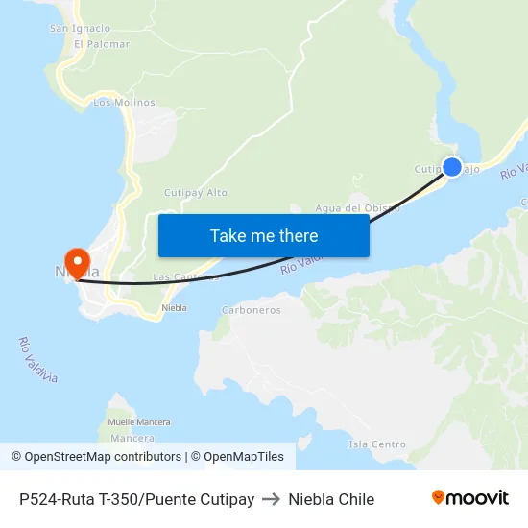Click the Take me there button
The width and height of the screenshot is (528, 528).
264,235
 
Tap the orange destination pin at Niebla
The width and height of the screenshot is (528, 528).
76,261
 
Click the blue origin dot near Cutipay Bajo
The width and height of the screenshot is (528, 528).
451,167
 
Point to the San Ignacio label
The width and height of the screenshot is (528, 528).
80,29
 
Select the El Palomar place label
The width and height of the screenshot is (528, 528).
101,44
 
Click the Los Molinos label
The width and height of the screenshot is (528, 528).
117,102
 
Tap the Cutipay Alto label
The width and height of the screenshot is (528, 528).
196,192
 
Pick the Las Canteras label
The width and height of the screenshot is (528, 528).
185,277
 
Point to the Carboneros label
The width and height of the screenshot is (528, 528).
251,310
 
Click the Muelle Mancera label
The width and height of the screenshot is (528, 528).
139,422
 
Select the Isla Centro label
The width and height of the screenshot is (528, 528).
377,444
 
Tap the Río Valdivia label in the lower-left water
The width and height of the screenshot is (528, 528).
38,360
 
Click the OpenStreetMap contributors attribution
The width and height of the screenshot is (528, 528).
96,457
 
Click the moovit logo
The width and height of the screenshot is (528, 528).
470,498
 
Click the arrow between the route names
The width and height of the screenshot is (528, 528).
271,499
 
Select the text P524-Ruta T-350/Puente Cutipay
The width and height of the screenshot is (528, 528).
136,499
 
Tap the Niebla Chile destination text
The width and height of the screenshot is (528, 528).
331,499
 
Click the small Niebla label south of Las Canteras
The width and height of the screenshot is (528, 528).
174,308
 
